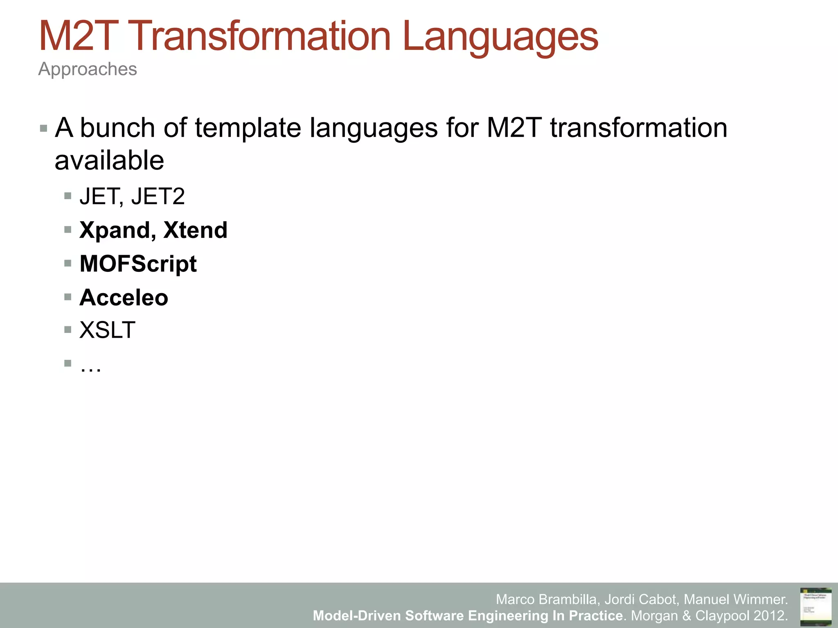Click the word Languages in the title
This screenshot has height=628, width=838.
pos(500,38)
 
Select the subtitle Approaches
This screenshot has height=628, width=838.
pos(88,69)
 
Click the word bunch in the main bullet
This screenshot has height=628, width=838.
pos(117,128)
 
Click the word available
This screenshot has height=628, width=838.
pos(109,160)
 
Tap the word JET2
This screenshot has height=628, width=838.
pos(158,197)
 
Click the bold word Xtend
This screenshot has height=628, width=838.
pos(195,230)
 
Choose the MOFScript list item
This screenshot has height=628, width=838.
pos(138,264)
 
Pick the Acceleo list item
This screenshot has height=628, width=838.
pos(124,297)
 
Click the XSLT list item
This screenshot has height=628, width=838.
pos(107,330)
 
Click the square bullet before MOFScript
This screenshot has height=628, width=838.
pos(68,263)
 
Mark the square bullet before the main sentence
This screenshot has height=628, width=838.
pos(44,129)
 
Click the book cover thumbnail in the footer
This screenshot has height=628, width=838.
pos(815,606)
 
